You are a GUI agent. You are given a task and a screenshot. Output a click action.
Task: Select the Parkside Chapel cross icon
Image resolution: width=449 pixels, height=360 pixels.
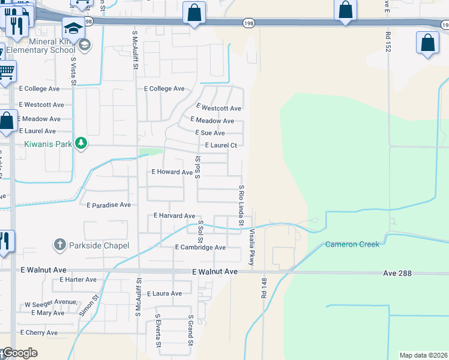[59, 245]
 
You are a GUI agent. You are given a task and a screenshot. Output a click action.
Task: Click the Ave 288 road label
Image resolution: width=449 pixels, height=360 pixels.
[398, 273]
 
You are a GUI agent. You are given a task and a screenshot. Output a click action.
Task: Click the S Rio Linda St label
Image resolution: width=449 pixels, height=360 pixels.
[241, 205]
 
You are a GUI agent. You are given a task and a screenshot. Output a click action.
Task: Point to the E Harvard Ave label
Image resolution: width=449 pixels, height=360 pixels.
[175, 215]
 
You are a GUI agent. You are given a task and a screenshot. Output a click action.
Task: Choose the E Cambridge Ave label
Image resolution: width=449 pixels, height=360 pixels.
[200, 247]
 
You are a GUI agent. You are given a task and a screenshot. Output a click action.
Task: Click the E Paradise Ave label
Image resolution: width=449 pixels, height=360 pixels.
[109, 205]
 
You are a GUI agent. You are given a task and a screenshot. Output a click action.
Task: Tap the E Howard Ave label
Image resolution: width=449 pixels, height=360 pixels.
[172, 172]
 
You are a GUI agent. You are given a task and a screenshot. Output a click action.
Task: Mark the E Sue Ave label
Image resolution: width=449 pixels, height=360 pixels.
[209, 133]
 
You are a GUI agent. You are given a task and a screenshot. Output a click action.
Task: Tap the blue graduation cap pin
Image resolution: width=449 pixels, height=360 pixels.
[73, 28]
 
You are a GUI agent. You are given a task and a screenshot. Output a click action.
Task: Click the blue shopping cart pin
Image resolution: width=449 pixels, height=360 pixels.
[5, 71]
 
